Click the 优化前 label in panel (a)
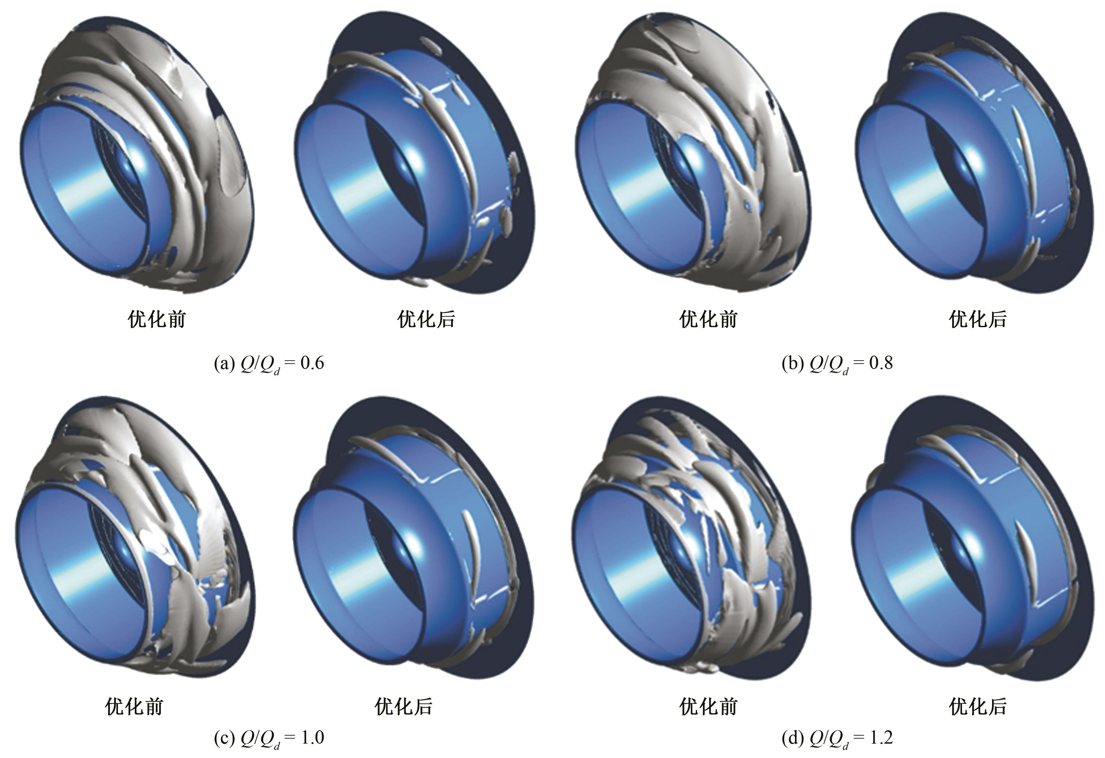click(x=157, y=319)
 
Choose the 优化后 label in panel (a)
click(x=426, y=319)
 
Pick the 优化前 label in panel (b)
click(x=708, y=319)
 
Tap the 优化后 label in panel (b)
click(x=978, y=319)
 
